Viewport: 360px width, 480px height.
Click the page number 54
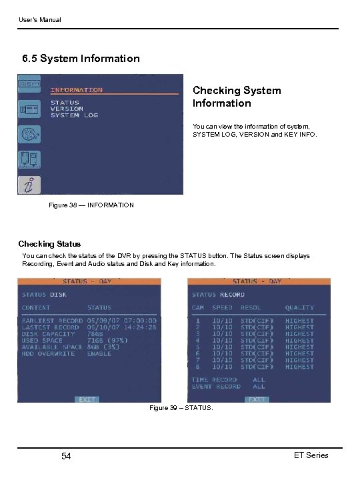[x=66, y=456]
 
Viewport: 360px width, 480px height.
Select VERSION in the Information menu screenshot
[x=67, y=109]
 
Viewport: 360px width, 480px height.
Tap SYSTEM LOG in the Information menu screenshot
[x=74, y=115]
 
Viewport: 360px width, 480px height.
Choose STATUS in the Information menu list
[x=65, y=103]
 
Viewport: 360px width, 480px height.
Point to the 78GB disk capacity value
[x=95, y=334]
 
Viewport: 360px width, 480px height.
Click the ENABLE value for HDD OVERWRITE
[x=99, y=353]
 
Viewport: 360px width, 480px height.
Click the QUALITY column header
[x=299, y=308]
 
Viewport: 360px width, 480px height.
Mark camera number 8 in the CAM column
[x=197, y=367]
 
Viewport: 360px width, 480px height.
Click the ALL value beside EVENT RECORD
[x=259, y=386]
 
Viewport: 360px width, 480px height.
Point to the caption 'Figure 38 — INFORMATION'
[x=91, y=205]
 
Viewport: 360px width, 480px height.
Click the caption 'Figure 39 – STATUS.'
[x=181, y=407]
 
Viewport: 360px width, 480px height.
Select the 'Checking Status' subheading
[x=49, y=244]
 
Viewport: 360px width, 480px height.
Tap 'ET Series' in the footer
[x=311, y=455]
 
